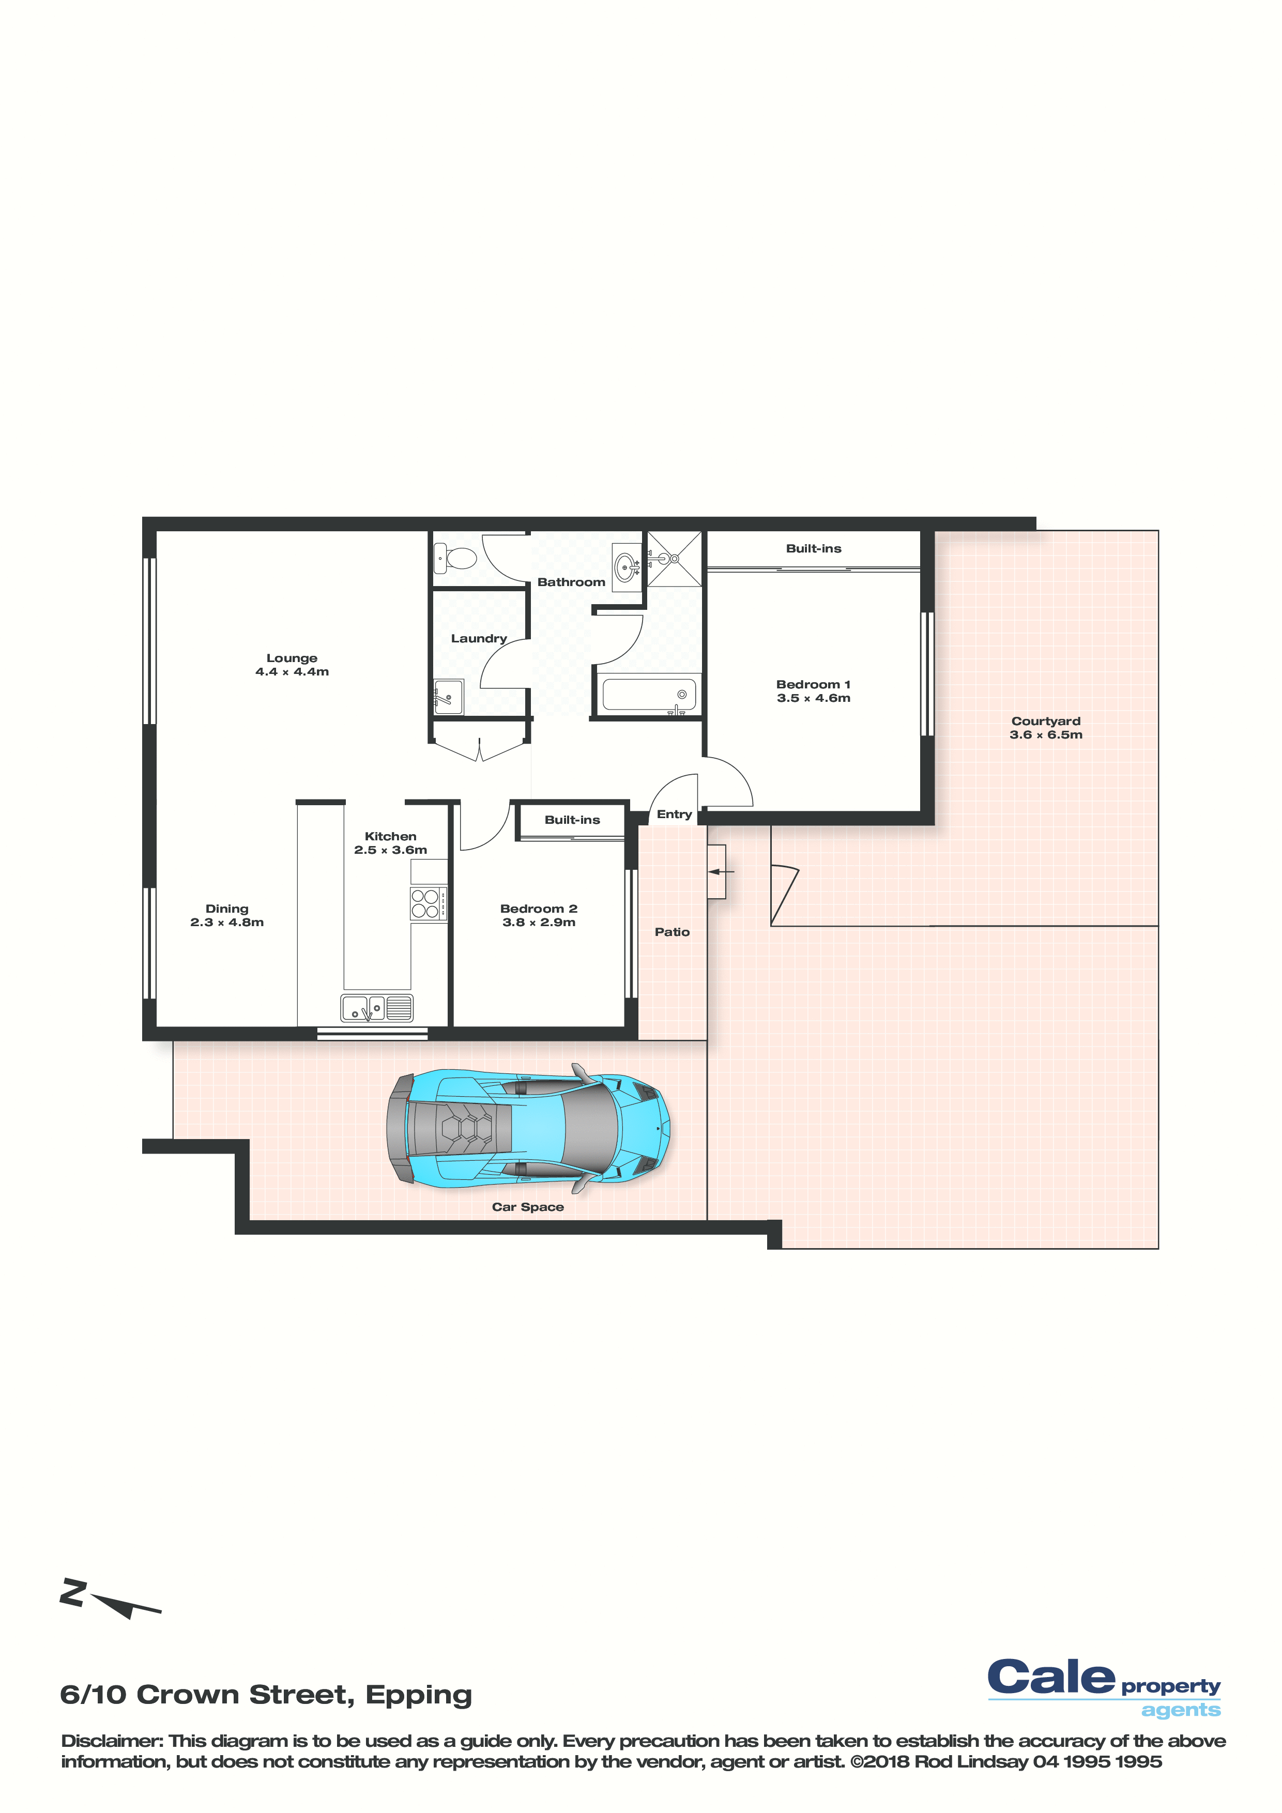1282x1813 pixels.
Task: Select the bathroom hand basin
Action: (627, 566)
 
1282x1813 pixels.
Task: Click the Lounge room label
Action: (292, 658)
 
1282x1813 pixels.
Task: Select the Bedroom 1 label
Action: (813, 685)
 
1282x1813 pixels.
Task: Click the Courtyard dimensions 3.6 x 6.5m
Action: (1046, 734)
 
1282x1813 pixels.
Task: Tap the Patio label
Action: (672, 932)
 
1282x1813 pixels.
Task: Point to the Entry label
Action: (674, 814)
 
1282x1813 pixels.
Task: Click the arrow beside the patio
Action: (721, 872)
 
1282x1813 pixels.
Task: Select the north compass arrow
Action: (125, 1605)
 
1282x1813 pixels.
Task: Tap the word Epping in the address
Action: (419, 1695)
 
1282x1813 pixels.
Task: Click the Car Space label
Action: (528, 1207)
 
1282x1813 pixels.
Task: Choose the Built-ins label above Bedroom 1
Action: (814, 548)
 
